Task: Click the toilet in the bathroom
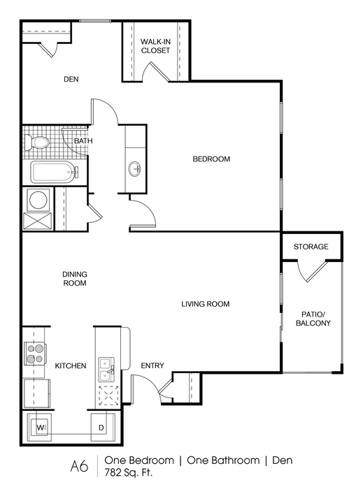coord(37,143)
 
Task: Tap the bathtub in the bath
coord(54,172)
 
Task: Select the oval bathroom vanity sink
coord(134,169)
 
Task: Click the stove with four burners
coord(35,354)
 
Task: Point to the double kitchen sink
coord(106,370)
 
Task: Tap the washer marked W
coord(39,427)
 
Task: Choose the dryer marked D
coord(103,427)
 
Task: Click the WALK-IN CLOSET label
coord(155,46)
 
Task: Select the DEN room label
coord(71,79)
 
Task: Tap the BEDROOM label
coord(211,159)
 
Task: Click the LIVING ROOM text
coord(206,304)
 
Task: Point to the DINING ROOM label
coord(75,279)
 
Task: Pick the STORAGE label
coord(311,247)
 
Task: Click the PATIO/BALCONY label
coord(313,319)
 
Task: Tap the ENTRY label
coord(152,365)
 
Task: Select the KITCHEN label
coord(71,366)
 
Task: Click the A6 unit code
coord(80,467)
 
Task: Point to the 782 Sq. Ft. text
coord(129,473)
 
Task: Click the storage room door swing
coord(312,271)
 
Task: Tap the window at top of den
coord(95,21)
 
